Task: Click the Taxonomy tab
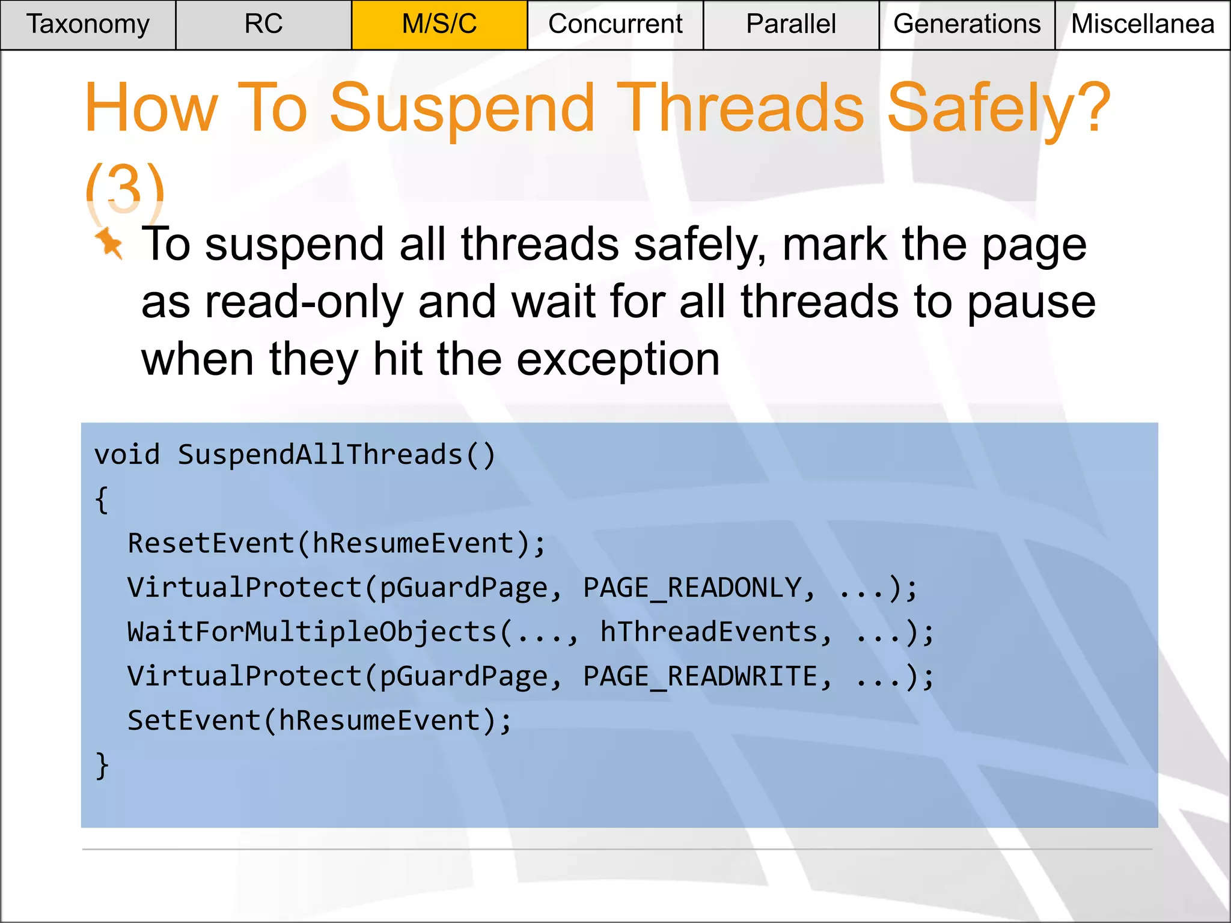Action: (x=88, y=25)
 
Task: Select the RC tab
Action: (x=263, y=25)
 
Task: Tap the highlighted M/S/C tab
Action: (x=439, y=25)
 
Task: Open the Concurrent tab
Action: (x=615, y=25)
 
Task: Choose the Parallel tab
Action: (x=790, y=25)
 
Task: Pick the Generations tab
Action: (x=967, y=25)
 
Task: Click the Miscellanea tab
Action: (x=1143, y=25)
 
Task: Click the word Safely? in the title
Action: (x=998, y=108)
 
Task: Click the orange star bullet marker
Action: (x=109, y=243)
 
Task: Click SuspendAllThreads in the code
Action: (x=320, y=455)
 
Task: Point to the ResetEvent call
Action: (x=210, y=543)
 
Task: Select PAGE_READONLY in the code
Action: (x=692, y=588)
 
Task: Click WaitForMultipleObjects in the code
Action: (x=312, y=632)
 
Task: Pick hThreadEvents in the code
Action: (x=709, y=632)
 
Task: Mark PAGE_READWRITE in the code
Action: (x=701, y=677)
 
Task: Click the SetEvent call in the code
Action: (x=194, y=720)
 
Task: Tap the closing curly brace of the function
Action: (x=102, y=766)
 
